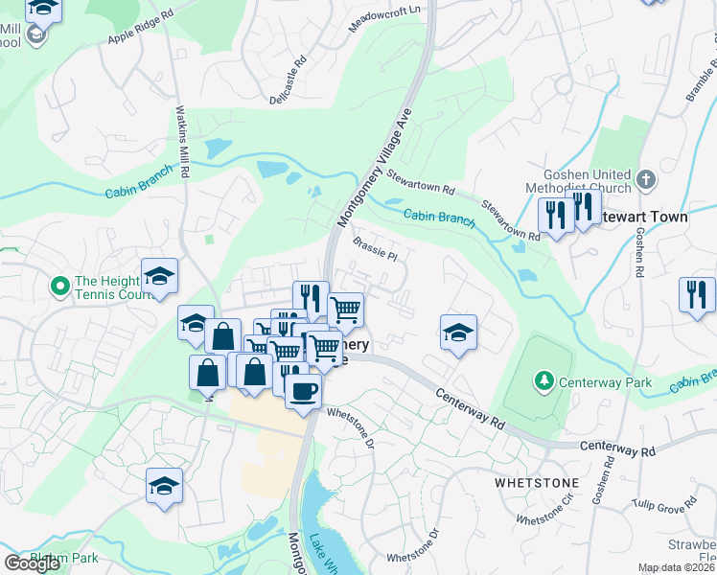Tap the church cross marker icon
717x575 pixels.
646,178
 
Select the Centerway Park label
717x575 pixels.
606,382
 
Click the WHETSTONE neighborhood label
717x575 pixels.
537,483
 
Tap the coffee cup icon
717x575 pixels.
304,391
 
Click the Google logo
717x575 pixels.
32,563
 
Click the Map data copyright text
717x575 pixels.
677,567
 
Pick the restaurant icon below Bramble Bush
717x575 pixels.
697,293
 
